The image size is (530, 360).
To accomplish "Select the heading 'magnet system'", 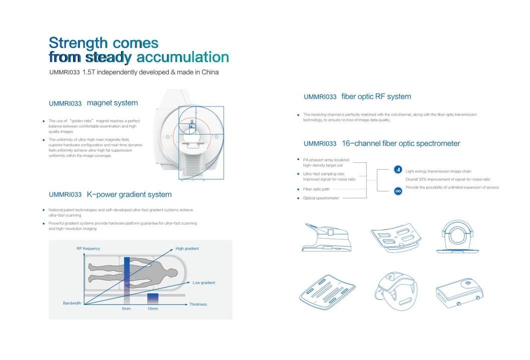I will [112, 103].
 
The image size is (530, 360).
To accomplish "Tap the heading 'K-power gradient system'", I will [129, 195].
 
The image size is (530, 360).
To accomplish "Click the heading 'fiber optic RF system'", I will [376, 97].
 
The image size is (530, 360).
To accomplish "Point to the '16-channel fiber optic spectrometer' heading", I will [400, 144].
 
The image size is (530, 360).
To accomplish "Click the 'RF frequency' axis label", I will [88, 249].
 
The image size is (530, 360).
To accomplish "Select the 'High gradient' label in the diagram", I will [187, 249].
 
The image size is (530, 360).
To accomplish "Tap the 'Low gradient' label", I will [204, 283].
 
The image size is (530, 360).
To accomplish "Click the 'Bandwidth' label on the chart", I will [72, 303].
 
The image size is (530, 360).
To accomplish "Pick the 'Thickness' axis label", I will [198, 304].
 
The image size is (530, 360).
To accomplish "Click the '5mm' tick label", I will [126, 309].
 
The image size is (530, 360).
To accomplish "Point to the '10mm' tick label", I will [153, 309].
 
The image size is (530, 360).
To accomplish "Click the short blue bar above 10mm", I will [153, 298].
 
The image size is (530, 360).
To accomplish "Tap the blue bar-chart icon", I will [398, 170].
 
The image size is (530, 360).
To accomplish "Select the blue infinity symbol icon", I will [398, 191].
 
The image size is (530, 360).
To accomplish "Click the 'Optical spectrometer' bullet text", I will [321, 198].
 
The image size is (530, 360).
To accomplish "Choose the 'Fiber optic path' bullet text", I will [316, 189].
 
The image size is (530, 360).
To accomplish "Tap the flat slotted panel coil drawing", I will [327, 289].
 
